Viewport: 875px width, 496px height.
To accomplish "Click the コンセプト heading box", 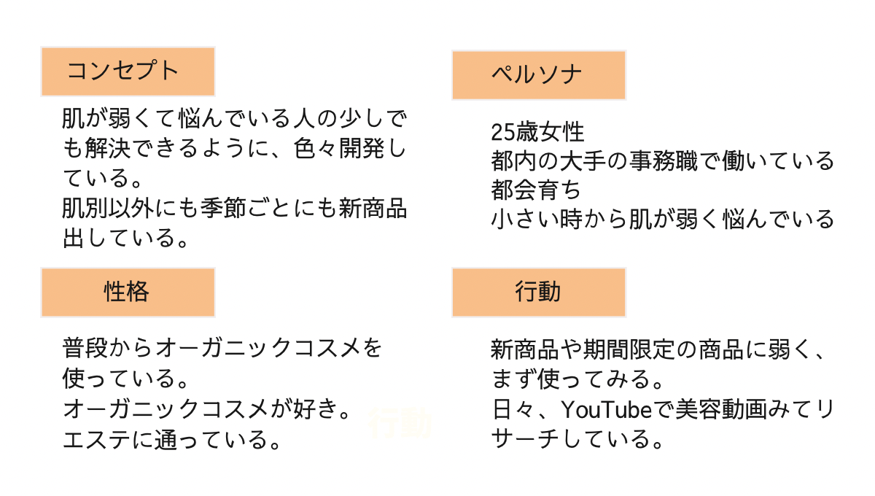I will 128,71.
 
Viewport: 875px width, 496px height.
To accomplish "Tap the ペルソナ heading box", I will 539,75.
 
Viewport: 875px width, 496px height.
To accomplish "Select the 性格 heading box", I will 128,292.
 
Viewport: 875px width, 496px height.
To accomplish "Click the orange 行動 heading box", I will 539,292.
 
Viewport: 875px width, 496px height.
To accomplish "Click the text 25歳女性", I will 537,132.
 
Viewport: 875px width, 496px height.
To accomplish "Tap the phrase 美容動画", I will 712,410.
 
